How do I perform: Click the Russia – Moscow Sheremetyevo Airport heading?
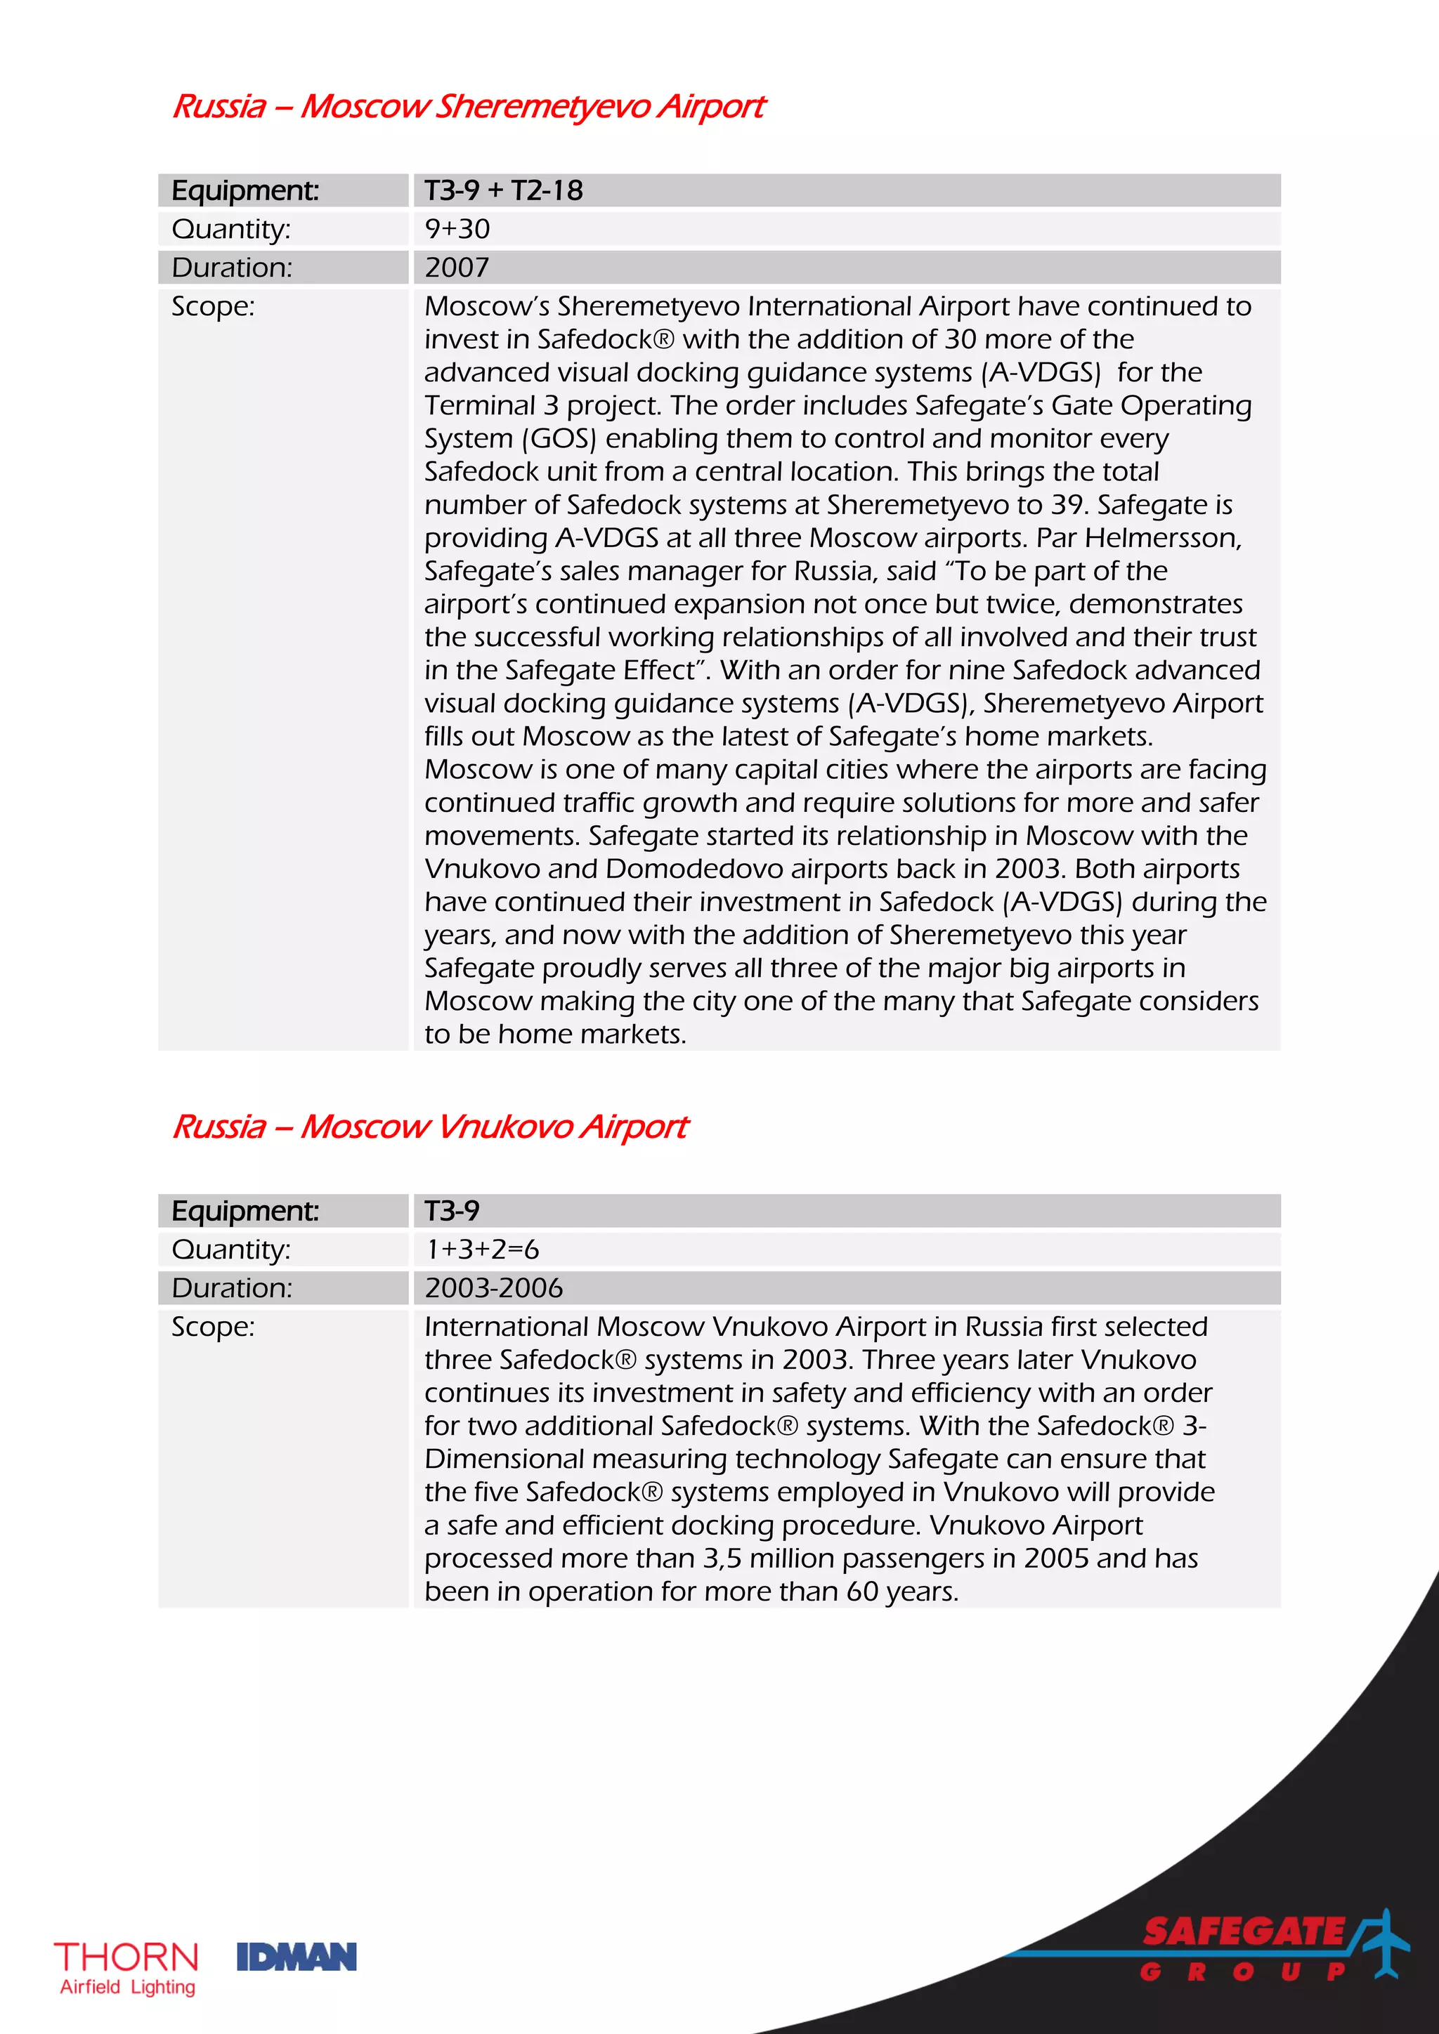468,106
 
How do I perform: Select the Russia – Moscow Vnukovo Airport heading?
430,1127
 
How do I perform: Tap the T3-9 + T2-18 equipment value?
503,190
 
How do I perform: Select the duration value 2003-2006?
493,1288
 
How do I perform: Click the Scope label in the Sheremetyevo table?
213,306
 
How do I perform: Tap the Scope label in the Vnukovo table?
213,1327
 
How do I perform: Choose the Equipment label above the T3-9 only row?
245,1211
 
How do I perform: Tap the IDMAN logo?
296,1957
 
